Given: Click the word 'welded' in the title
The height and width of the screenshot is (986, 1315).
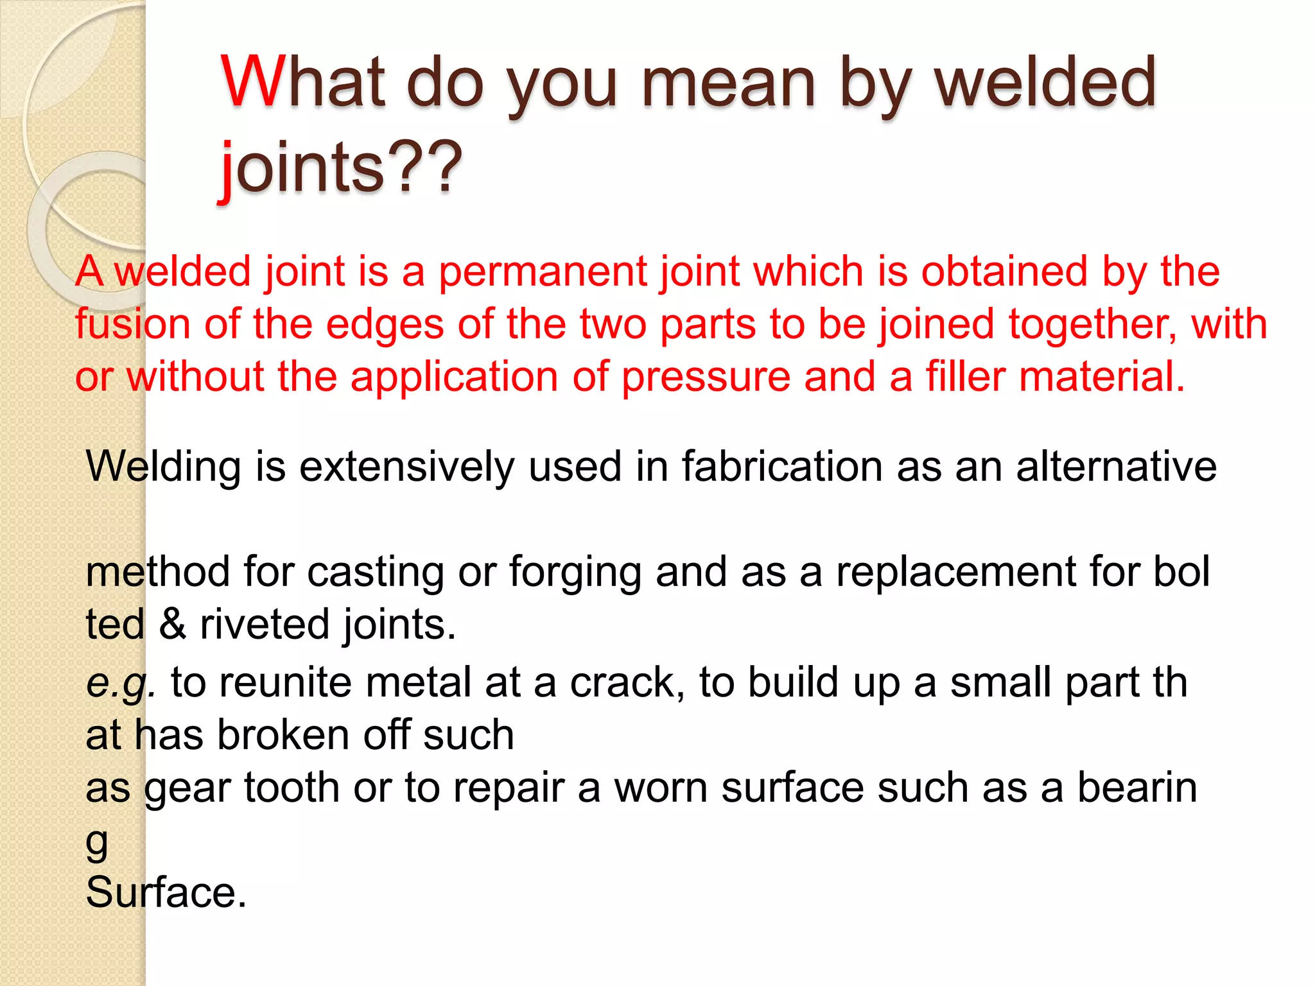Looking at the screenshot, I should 1045,83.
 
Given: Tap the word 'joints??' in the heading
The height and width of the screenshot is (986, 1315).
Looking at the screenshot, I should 341,166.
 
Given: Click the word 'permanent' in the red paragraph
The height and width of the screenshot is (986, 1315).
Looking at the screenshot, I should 542,272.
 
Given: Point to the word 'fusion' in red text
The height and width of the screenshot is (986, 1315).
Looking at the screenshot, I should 132,324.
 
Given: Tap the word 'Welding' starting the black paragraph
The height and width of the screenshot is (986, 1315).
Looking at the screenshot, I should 163,467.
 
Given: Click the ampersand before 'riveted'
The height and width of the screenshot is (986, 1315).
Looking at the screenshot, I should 172,624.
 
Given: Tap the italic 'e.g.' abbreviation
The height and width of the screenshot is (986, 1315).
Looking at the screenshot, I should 121,683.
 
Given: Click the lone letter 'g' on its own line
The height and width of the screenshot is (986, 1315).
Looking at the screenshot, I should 97,842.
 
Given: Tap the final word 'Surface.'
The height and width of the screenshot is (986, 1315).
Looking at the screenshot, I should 166,893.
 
